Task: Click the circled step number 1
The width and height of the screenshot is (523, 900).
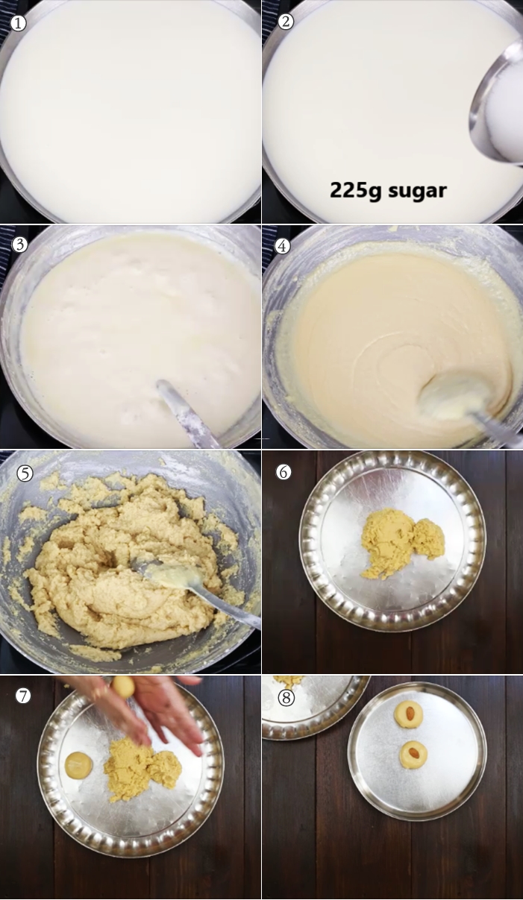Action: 18,23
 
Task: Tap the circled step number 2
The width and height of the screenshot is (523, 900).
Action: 286,22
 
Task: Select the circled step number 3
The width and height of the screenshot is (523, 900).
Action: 19,245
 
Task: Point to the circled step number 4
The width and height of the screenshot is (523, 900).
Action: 282,245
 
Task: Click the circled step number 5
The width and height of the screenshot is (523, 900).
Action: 25,473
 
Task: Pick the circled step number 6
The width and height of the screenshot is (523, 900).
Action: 284,472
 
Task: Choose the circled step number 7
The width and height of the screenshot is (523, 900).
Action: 23,696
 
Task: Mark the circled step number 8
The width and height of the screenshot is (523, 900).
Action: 286,698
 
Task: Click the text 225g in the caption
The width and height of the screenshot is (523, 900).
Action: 355,190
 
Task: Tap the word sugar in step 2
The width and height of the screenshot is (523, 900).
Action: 417,191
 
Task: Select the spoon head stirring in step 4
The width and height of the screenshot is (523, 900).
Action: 455,397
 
